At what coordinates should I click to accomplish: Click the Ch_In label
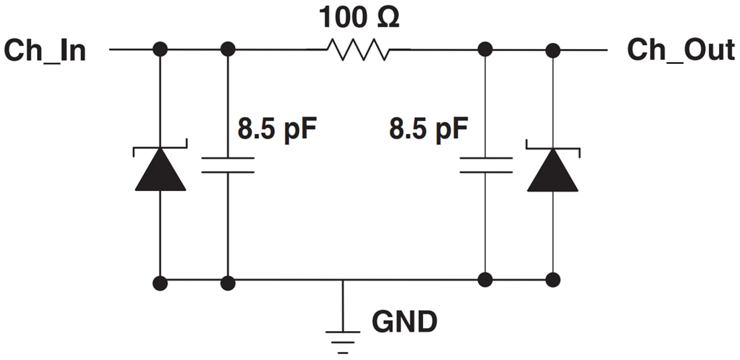pos(45,50)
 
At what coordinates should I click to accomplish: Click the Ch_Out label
pos(680,50)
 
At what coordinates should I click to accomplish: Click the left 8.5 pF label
pos(276,128)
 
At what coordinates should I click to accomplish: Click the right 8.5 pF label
pos(428,128)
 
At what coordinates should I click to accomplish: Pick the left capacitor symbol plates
pos(228,166)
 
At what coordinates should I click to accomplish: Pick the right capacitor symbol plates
pos(486,166)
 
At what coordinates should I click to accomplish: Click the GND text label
pos(404,322)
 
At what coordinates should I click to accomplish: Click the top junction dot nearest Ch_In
pos(160,49)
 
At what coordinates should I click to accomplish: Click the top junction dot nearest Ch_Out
pos(552,49)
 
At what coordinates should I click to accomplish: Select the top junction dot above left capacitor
pos(228,49)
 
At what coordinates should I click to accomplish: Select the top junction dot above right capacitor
pos(486,49)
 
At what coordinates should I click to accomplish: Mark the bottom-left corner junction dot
pos(160,283)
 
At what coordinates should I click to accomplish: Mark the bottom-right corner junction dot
pos(552,279)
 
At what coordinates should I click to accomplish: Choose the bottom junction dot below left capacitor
pos(228,283)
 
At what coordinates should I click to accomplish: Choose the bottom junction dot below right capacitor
pos(486,279)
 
